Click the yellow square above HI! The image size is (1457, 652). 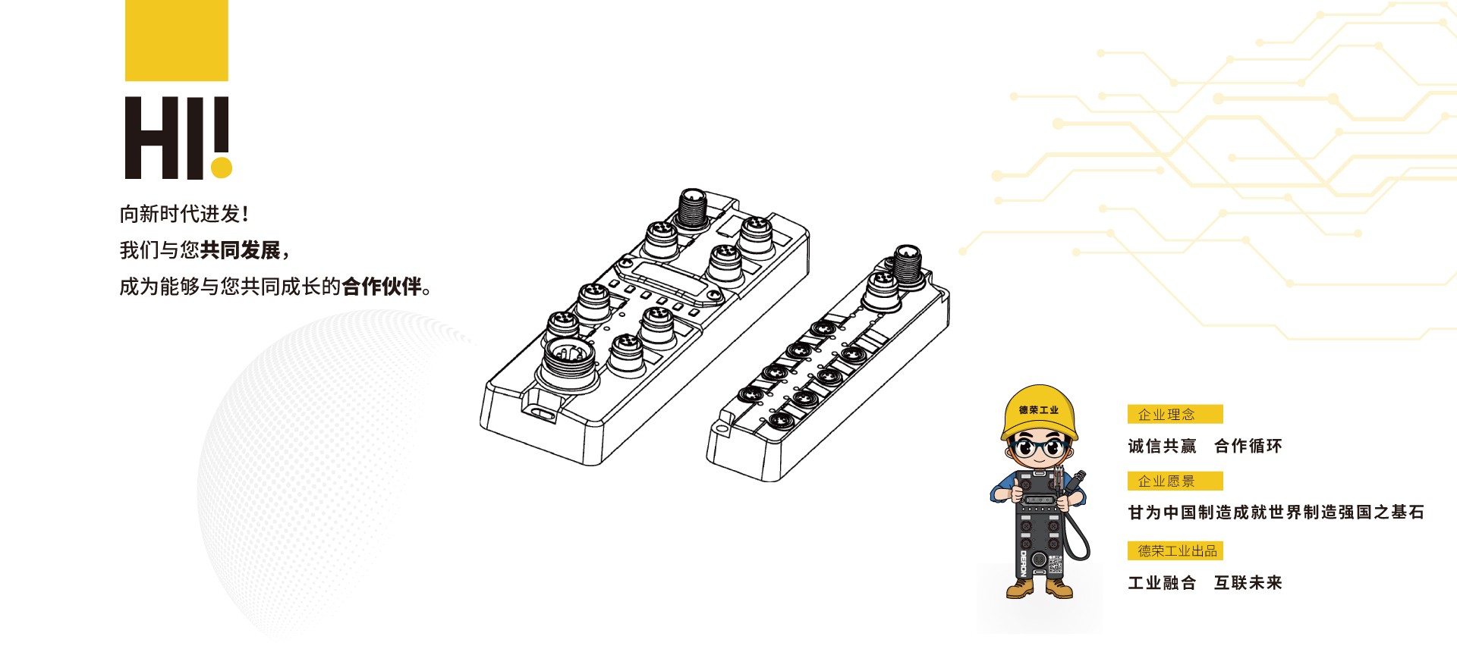tap(177, 40)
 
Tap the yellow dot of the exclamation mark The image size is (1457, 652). tap(222, 168)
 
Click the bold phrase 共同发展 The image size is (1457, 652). tap(241, 250)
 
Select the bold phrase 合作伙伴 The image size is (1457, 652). tap(382, 287)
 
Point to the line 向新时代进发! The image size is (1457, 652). tap(184, 214)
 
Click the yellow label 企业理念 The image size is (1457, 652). tap(1175, 414)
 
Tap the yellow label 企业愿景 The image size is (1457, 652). tap(1175, 481)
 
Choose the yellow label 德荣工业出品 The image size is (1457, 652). tap(1175, 550)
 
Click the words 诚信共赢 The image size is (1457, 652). tap(1162, 446)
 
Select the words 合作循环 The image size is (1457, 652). tap(1248, 446)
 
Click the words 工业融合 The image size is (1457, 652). tap(1162, 582)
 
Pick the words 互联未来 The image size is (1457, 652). tap(1248, 582)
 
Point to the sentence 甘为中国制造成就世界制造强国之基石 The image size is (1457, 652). tap(1276, 513)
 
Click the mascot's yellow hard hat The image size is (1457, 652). tap(1039, 412)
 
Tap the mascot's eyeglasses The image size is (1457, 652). tap(1040, 447)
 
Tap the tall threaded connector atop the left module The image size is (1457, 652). tap(692, 208)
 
